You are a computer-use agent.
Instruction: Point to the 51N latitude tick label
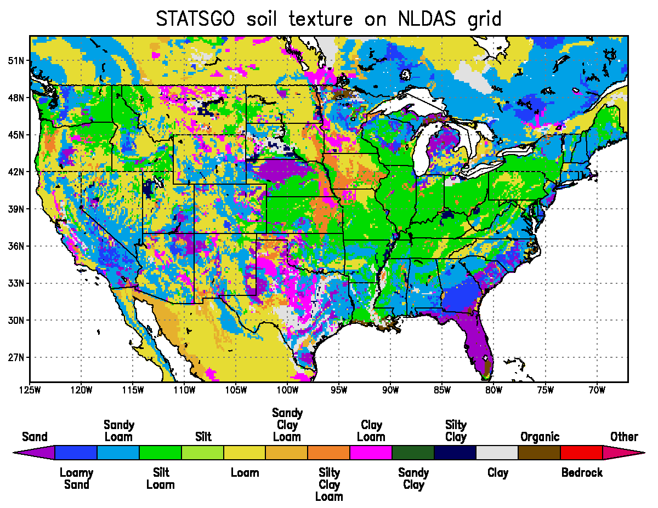point(16,60)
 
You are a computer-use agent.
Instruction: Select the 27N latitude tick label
point(16,357)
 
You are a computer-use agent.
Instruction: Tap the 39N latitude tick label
point(16,209)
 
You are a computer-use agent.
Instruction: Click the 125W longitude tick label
point(30,390)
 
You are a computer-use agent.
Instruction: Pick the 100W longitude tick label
point(287,390)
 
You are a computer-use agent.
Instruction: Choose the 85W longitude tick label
point(442,390)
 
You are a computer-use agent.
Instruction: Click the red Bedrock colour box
point(581,453)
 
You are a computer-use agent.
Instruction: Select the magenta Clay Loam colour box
point(371,453)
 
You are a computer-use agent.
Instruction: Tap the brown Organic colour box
point(539,453)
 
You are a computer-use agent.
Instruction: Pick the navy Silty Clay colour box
point(455,453)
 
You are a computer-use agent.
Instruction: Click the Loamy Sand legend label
point(76,478)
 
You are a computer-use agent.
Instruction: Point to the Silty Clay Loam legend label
point(329,484)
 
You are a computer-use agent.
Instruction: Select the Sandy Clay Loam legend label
point(287,425)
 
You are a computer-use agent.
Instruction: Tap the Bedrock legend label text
point(582,472)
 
